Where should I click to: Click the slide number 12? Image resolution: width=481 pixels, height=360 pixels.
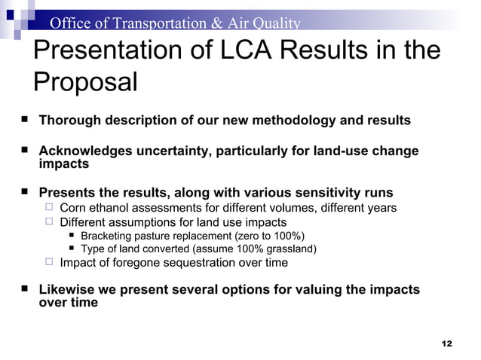click(446, 343)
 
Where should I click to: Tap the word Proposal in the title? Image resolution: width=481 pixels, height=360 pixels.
click(85, 82)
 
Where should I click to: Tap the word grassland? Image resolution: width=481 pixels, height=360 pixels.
click(287, 249)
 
